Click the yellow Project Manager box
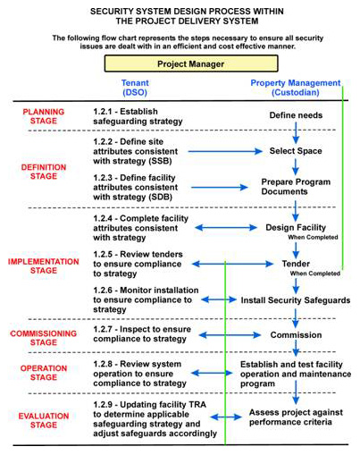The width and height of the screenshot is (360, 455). pyautogui.click(x=191, y=63)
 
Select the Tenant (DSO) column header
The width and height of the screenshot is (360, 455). pyautogui.click(x=135, y=88)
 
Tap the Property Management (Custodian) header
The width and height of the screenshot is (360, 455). pyautogui.click(x=296, y=88)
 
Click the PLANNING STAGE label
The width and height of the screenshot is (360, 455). pyautogui.click(x=44, y=116)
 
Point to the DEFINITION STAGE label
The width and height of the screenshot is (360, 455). pyautogui.click(x=44, y=172)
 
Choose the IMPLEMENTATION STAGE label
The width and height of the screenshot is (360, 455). pyautogui.click(x=44, y=265)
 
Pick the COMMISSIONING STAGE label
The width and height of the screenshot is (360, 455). pyautogui.click(x=44, y=338)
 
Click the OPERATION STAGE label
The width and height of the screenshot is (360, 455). pyautogui.click(x=44, y=373)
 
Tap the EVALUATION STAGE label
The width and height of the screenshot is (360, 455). pyautogui.click(x=44, y=420)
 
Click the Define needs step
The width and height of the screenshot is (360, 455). pyautogui.click(x=296, y=115)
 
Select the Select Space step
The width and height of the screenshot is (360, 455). pyautogui.click(x=296, y=151)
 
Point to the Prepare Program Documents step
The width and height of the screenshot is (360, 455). pyautogui.click(x=296, y=187)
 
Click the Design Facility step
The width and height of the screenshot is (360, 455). pyautogui.click(x=296, y=228)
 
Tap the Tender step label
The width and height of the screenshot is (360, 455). pyautogui.click(x=296, y=264)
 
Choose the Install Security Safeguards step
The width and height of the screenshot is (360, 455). pyautogui.click(x=296, y=300)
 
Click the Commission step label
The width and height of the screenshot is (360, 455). pyautogui.click(x=296, y=335)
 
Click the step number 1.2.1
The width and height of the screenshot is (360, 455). pyautogui.click(x=103, y=112)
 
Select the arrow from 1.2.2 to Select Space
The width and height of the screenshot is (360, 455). pyautogui.click(x=225, y=151)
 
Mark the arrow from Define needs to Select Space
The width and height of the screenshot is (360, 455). pyautogui.click(x=296, y=133)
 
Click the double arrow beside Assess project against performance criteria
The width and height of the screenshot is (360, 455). pyautogui.click(x=226, y=417)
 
